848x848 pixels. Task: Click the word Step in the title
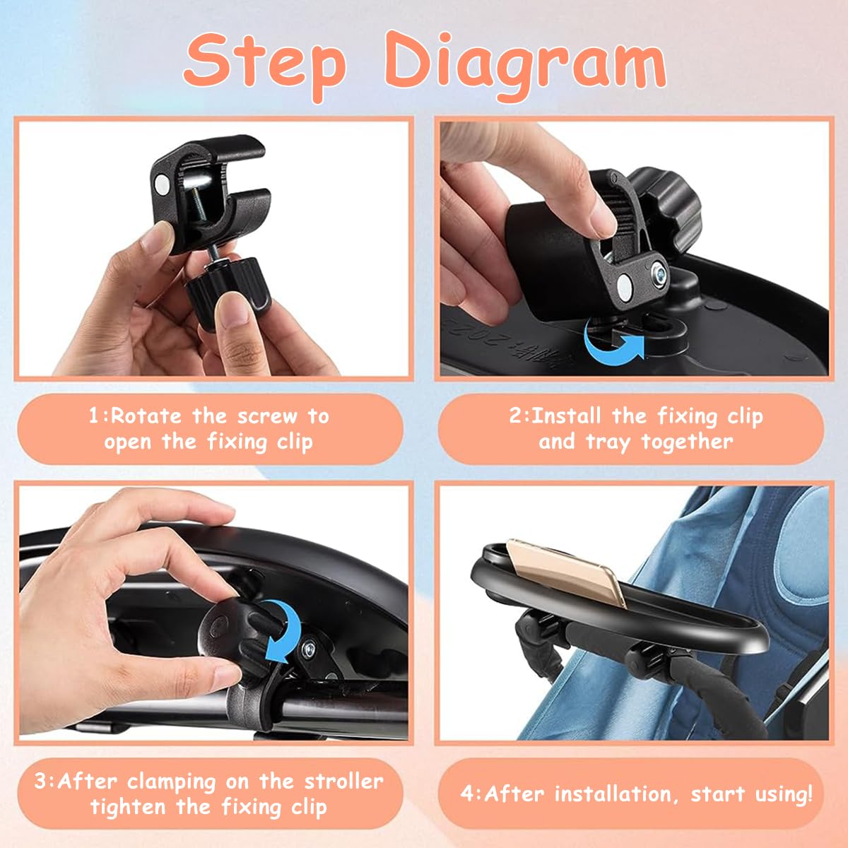pyautogui.click(x=265, y=61)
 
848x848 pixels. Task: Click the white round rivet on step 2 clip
pyautogui.click(x=625, y=285)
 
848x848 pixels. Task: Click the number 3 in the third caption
pyautogui.click(x=42, y=782)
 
